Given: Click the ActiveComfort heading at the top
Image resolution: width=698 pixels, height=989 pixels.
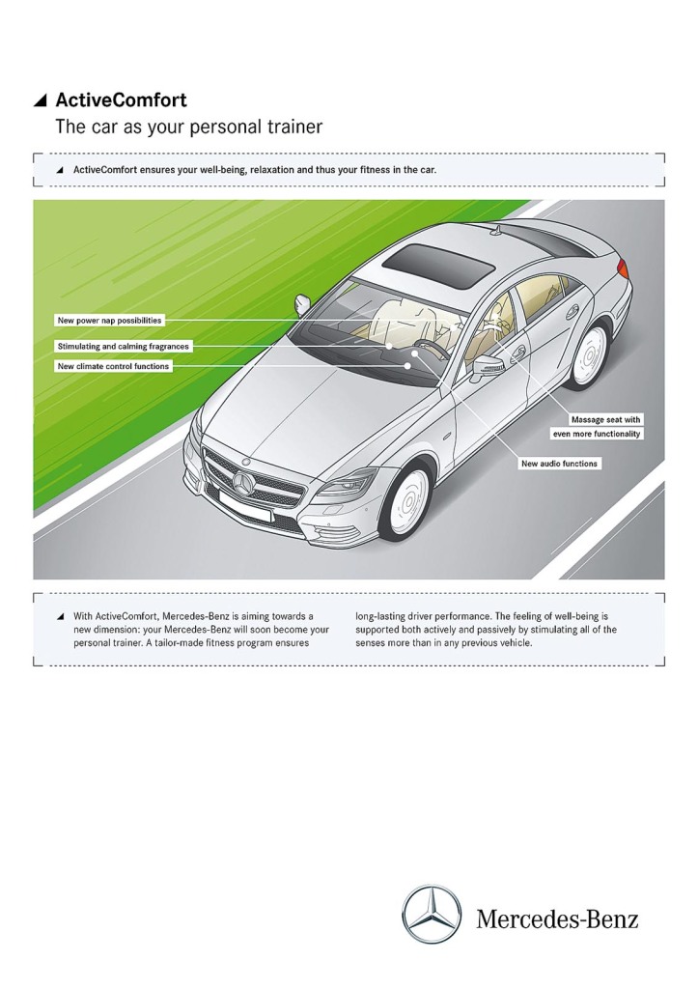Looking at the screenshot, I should pos(121,99).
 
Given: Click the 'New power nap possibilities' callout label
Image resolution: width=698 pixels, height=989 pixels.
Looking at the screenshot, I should pos(109,319).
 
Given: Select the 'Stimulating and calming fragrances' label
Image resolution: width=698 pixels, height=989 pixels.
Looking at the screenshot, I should pos(123,345).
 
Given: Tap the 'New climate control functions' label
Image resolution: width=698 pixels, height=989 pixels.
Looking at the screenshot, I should pos(113,367).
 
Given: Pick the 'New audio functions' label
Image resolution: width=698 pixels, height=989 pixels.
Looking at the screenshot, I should pos(559,464).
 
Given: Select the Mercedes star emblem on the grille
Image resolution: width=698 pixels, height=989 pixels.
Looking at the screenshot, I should pos(242,484).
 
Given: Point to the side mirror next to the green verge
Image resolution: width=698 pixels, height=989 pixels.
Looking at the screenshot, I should pos(301,303).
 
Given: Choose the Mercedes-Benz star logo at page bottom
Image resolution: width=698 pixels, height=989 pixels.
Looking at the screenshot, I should pos(432,915).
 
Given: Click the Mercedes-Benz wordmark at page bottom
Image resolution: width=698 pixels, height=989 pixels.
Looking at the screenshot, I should pos(557,918).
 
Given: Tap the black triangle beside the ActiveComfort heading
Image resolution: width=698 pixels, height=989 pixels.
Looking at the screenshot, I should pos(40,99).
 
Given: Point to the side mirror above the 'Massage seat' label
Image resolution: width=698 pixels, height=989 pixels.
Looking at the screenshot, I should pos(488,366).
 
